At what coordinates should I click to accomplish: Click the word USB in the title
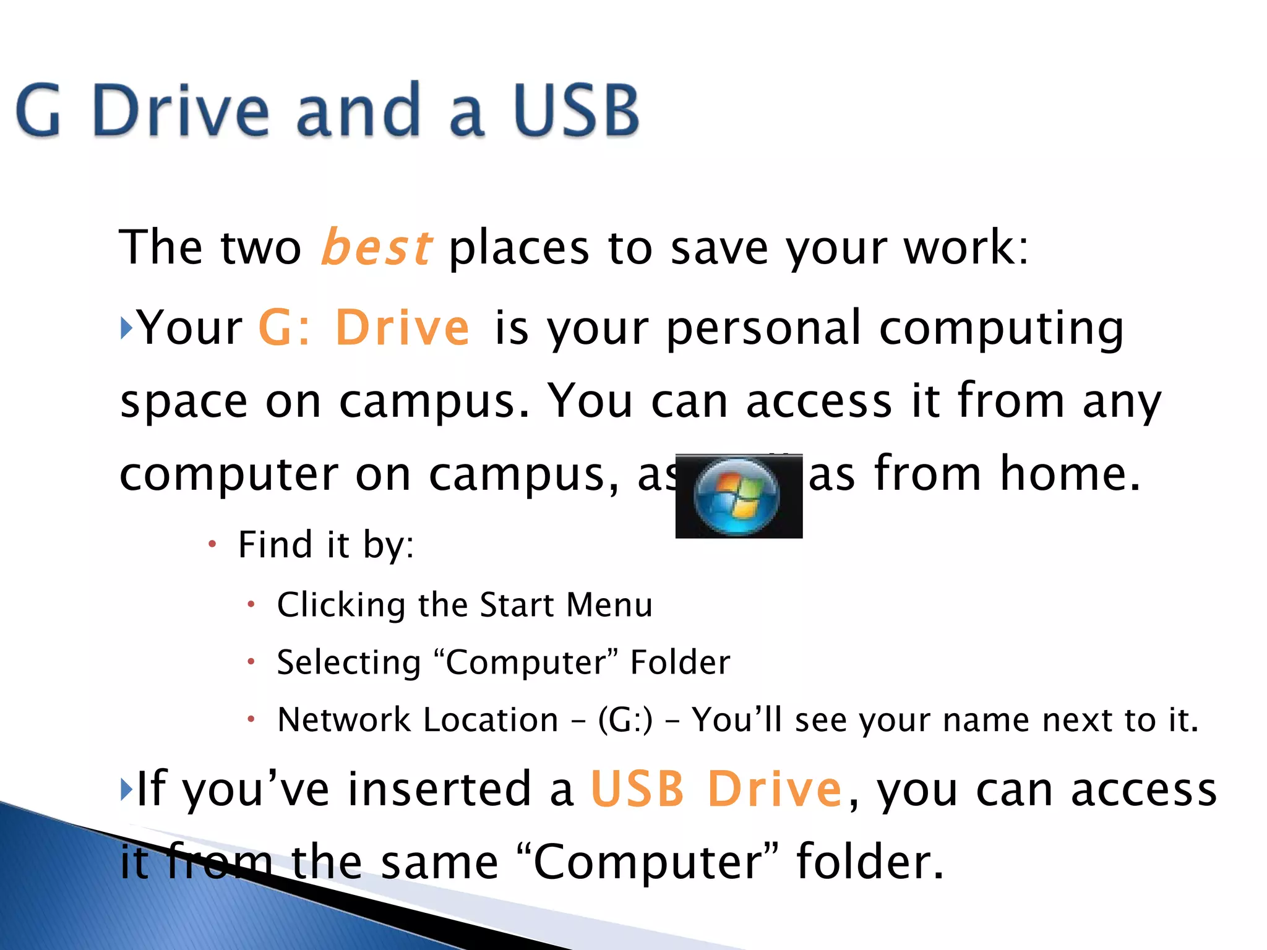tap(576, 111)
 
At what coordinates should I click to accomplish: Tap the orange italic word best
tap(376, 247)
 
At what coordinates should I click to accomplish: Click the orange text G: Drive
tap(364, 327)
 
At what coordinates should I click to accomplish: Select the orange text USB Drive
tap(716, 789)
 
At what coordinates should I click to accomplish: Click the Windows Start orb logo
tap(737, 496)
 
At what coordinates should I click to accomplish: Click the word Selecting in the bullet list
tap(349, 662)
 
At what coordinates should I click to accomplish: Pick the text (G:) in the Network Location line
tap(625, 720)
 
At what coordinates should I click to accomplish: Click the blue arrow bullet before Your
tap(126, 327)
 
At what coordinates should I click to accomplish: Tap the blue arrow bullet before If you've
tap(126, 789)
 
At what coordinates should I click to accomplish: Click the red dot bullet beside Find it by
tap(212, 544)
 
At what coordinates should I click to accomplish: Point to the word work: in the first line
tap(966, 247)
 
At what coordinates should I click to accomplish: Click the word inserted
tap(439, 789)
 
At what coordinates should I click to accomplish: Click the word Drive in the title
tap(180, 111)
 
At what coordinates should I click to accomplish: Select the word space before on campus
tap(184, 402)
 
